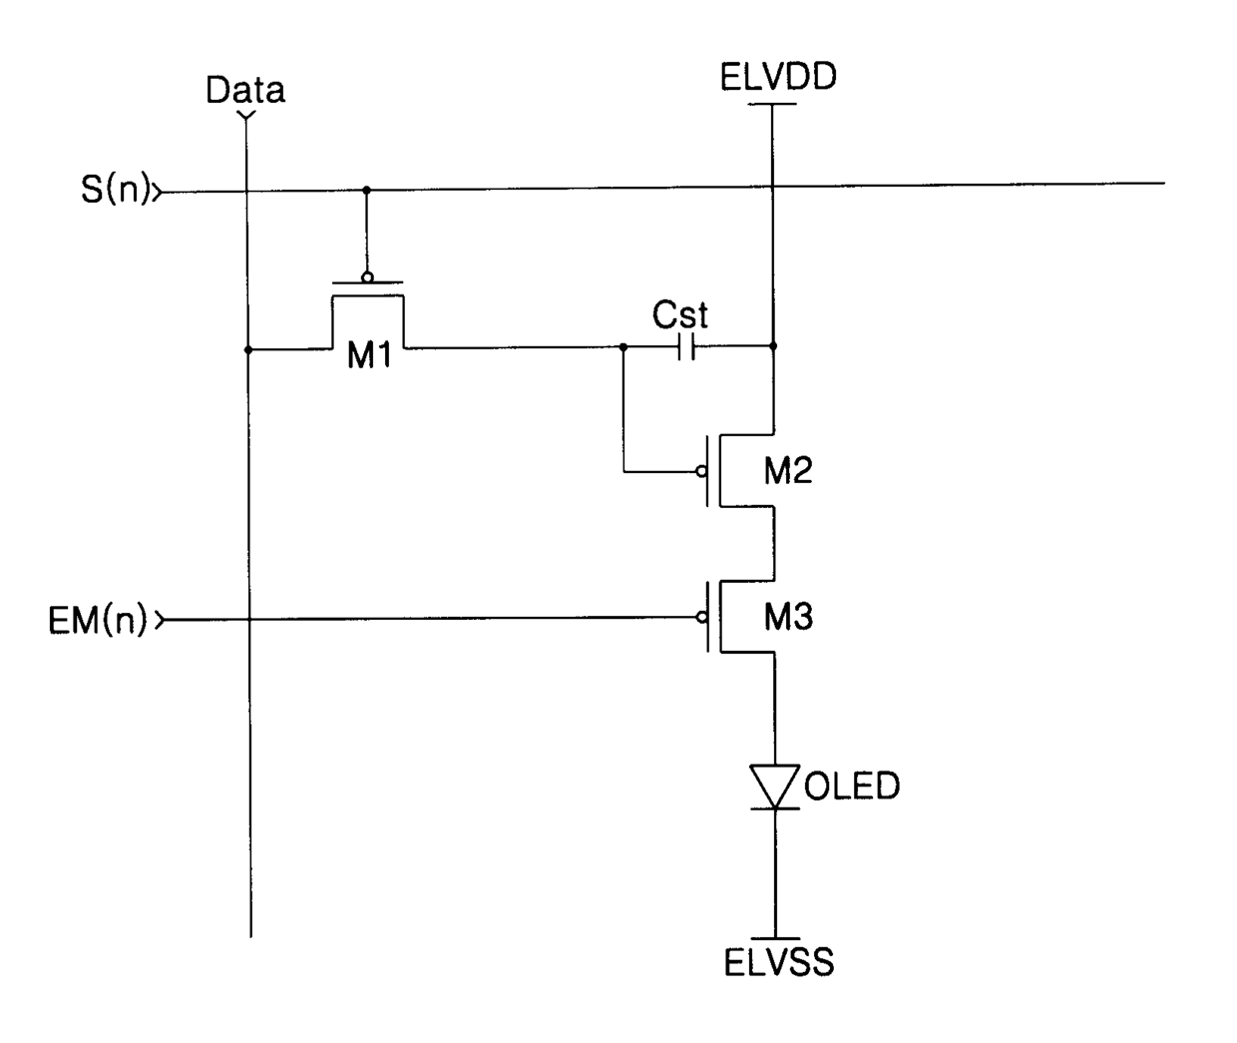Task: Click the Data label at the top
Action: coord(245,90)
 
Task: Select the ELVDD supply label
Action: coord(778,77)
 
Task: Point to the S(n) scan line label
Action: coord(115,190)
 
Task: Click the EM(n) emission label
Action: coord(98,620)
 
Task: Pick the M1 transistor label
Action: coord(369,355)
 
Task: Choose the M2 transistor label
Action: coord(788,471)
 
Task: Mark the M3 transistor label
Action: coord(788,617)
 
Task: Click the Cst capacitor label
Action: coord(679,314)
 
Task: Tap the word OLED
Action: coord(852,786)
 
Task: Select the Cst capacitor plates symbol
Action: coord(686,347)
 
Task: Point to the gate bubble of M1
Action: coord(367,276)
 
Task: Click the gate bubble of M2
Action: coord(701,472)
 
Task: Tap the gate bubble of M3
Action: coord(702,618)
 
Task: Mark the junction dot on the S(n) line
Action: coord(366,191)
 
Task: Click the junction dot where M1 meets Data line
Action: coord(248,350)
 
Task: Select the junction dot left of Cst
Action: coord(623,347)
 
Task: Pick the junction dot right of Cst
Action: coord(773,345)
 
